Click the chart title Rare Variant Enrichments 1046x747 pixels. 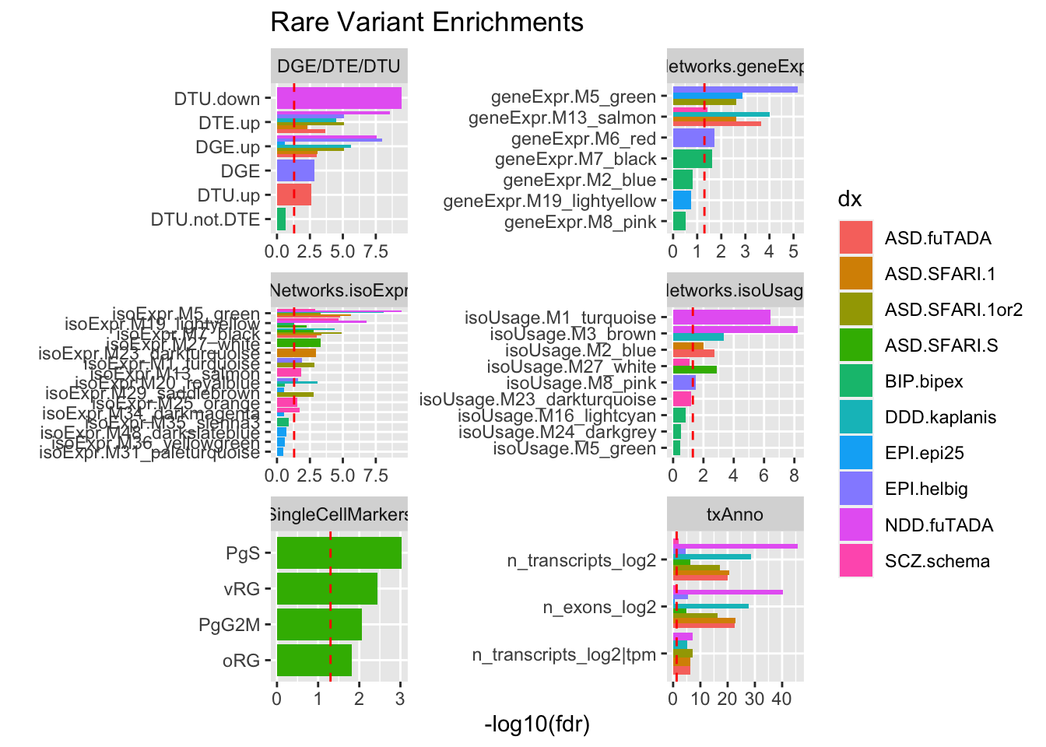426,23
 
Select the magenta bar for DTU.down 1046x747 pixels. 339,98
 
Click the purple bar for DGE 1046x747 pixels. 295,170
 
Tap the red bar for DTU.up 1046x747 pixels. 293,195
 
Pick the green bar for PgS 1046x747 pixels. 339,553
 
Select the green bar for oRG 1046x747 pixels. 314,660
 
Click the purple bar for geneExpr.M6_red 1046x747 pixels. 693,138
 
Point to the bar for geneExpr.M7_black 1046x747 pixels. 692,159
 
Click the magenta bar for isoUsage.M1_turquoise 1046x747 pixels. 721,317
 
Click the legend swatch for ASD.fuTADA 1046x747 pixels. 855,238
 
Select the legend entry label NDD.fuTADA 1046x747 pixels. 939,525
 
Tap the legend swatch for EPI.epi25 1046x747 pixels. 855,453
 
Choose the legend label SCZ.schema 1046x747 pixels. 937,561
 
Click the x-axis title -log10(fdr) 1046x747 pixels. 537,725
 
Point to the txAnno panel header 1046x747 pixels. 735,514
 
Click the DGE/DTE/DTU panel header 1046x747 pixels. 339,66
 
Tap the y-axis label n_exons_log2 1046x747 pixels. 599,607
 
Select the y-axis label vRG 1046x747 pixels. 241,589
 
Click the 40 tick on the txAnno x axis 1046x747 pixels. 781,699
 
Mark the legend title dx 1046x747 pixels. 850,199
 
